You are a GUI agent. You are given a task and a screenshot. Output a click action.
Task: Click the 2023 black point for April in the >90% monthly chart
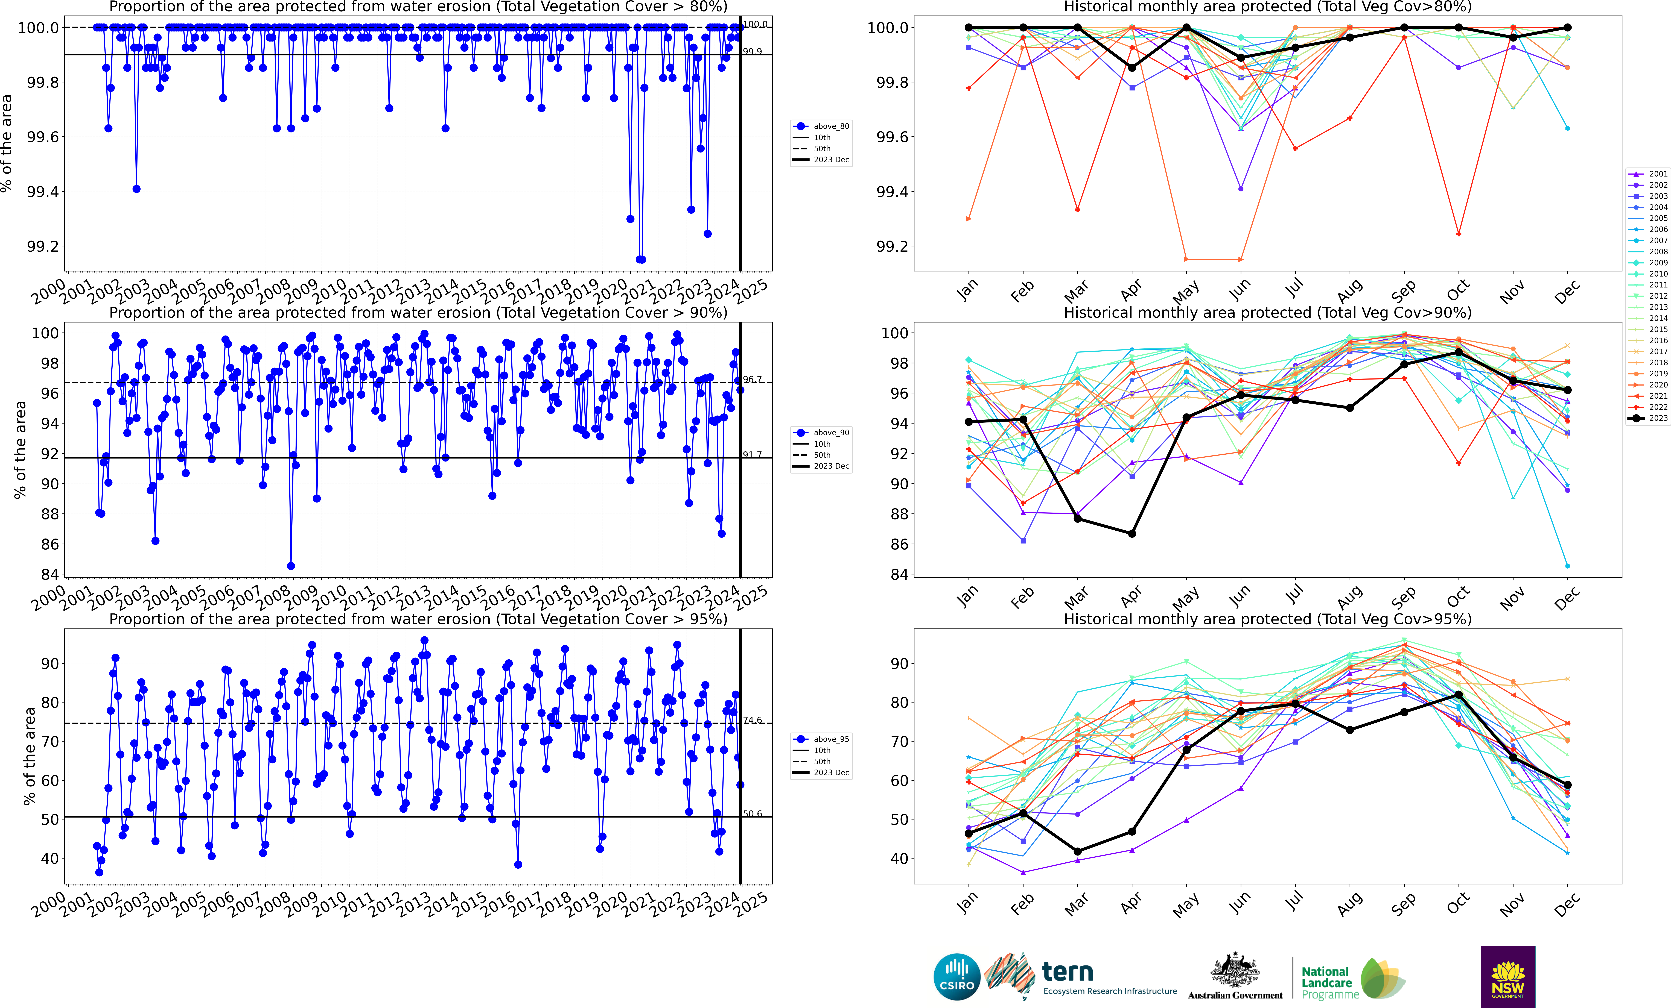click(x=1132, y=533)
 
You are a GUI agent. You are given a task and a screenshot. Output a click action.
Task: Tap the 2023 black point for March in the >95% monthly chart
click(x=1078, y=851)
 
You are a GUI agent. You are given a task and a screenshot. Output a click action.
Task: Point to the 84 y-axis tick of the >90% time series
click(x=49, y=574)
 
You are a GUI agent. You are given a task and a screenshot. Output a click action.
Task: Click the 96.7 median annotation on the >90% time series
click(x=752, y=380)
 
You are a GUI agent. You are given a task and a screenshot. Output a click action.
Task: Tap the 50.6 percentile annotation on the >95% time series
click(x=752, y=813)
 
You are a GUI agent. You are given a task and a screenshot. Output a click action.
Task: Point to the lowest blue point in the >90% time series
click(x=291, y=566)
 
